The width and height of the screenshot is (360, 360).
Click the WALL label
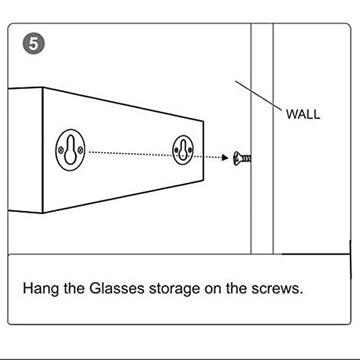tap(303, 114)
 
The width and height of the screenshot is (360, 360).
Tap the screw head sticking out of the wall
tap(237, 158)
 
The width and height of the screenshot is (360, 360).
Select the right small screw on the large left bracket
tap(80, 149)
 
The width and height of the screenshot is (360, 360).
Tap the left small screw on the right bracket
tap(176, 150)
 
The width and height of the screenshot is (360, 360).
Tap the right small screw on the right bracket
tap(190, 150)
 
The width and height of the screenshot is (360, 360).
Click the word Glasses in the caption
tap(117, 288)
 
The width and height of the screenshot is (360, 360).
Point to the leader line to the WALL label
tap(259, 96)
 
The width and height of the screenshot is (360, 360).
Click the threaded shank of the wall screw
tap(247, 159)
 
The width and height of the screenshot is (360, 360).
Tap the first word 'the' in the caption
tap(74, 288)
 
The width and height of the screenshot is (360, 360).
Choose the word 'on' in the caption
tap(213, 289)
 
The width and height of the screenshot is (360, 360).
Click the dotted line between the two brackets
tap(130, 154)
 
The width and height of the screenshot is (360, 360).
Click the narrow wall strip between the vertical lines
tap(262, 138)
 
